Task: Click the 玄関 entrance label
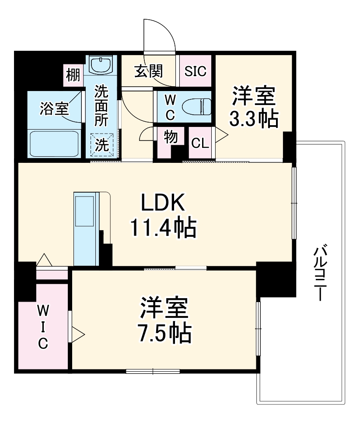tap(148, 71)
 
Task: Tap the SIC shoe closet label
tap(195, 71)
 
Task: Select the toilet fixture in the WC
tap(196, 106)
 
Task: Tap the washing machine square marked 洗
tap(101, 145)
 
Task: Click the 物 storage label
tap(171, 137)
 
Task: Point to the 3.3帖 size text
tap(254, 119)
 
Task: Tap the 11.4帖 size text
tap(163, 228)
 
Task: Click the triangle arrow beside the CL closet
tap(221, 136)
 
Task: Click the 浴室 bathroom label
tap(54, 108)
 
